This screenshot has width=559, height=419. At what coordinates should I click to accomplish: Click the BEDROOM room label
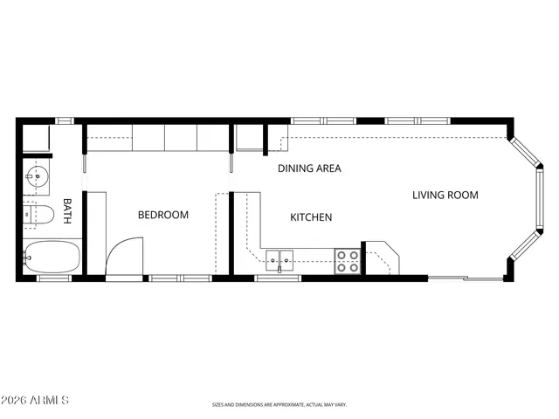coord(163,215)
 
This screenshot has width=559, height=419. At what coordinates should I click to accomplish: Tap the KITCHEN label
coord(310,216)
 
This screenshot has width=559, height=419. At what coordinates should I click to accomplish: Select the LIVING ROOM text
coord(445,195)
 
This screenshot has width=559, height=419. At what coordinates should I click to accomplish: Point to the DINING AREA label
coord(309,168)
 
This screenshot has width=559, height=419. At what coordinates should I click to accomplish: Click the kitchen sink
coord(280,258)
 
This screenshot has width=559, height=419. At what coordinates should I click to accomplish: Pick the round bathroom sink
coord(36,176)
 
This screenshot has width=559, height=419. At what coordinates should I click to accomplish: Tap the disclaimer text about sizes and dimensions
coord(279,404)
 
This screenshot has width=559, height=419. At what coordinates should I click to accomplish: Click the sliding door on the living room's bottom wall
coord(465,278)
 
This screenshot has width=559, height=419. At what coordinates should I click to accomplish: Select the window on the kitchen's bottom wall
coord(278,278)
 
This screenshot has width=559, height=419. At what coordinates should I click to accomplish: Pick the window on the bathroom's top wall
coord(65,120)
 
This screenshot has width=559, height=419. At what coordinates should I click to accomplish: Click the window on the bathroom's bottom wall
coord(52,278)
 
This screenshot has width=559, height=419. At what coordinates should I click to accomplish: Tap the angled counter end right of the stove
coord(382,258)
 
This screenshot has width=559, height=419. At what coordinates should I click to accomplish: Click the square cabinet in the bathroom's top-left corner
coord(36,139)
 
